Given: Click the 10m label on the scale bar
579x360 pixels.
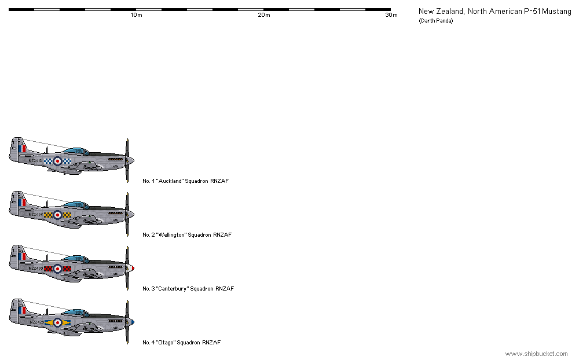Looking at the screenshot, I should click(x=136, y=15).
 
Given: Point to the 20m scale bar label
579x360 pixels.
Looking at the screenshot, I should click(x=263, y=15).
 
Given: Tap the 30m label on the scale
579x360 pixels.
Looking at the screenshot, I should click(x=391, y=15).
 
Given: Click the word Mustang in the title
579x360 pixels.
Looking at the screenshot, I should click(x=555, y=12).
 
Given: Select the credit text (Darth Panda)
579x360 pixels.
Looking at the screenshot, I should click(x=435, y=21).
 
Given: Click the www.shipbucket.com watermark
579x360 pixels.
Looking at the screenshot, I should click(x=537, y=354).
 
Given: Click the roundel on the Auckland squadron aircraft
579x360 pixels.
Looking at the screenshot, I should click(x=57, y=161).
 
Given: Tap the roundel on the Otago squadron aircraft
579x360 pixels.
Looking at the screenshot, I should click(x=57, y=322).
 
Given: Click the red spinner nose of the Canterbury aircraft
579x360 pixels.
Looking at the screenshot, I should click(x=132, y=268).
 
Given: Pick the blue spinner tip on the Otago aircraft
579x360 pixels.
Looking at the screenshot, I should click(x=133, y=322).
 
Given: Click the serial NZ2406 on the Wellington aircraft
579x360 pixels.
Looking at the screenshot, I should click(x=36, y=214).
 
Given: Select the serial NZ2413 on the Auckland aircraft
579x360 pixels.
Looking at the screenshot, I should click(x=36, y=160).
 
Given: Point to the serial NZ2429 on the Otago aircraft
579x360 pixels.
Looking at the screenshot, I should click(x=36, y=322).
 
